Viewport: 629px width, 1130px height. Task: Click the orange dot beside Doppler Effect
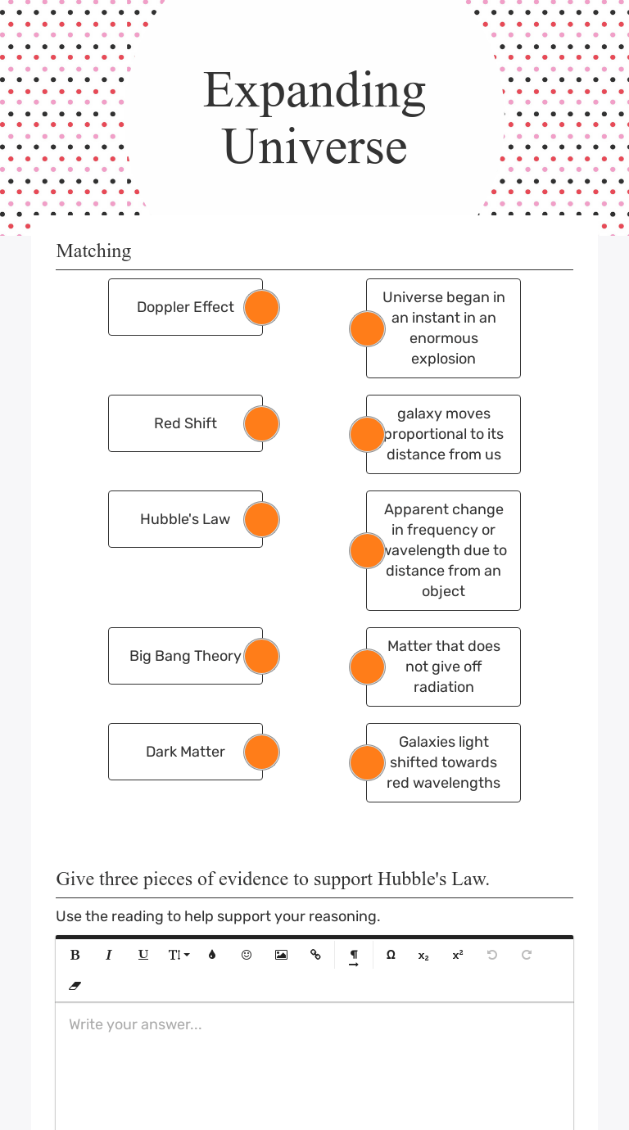tap(262, 308)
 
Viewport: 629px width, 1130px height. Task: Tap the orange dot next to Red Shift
tap(262, 424)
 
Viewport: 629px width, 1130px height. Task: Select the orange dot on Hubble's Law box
tap(262, 520)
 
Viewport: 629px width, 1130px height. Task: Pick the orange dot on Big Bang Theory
tap(262, 657)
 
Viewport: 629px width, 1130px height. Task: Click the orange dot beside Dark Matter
tap(262, 753)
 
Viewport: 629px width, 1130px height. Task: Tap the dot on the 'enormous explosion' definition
tap(367, 329)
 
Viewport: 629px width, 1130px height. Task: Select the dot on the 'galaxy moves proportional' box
tap(367, 435)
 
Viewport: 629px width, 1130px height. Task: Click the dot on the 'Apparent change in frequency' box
tap(367, 551)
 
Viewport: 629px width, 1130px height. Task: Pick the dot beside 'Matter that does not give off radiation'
tap(367, 667)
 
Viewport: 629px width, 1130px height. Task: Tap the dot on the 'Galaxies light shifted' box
tap(367, 763)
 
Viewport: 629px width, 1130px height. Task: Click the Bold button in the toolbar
tap(75, 955)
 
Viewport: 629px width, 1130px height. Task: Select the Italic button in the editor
tap(109, 955)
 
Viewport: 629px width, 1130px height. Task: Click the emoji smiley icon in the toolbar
tap(247, 955)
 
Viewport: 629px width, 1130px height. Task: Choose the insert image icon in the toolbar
tap(281, 955)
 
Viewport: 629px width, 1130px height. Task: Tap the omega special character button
tap(391, 955)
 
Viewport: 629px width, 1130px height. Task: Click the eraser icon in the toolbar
tap(75, 986)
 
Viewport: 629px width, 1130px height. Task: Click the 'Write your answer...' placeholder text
tap(135, 1024)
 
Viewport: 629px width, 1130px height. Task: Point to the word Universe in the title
tap(314, 147)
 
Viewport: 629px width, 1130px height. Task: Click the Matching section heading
tap(93, 251)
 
